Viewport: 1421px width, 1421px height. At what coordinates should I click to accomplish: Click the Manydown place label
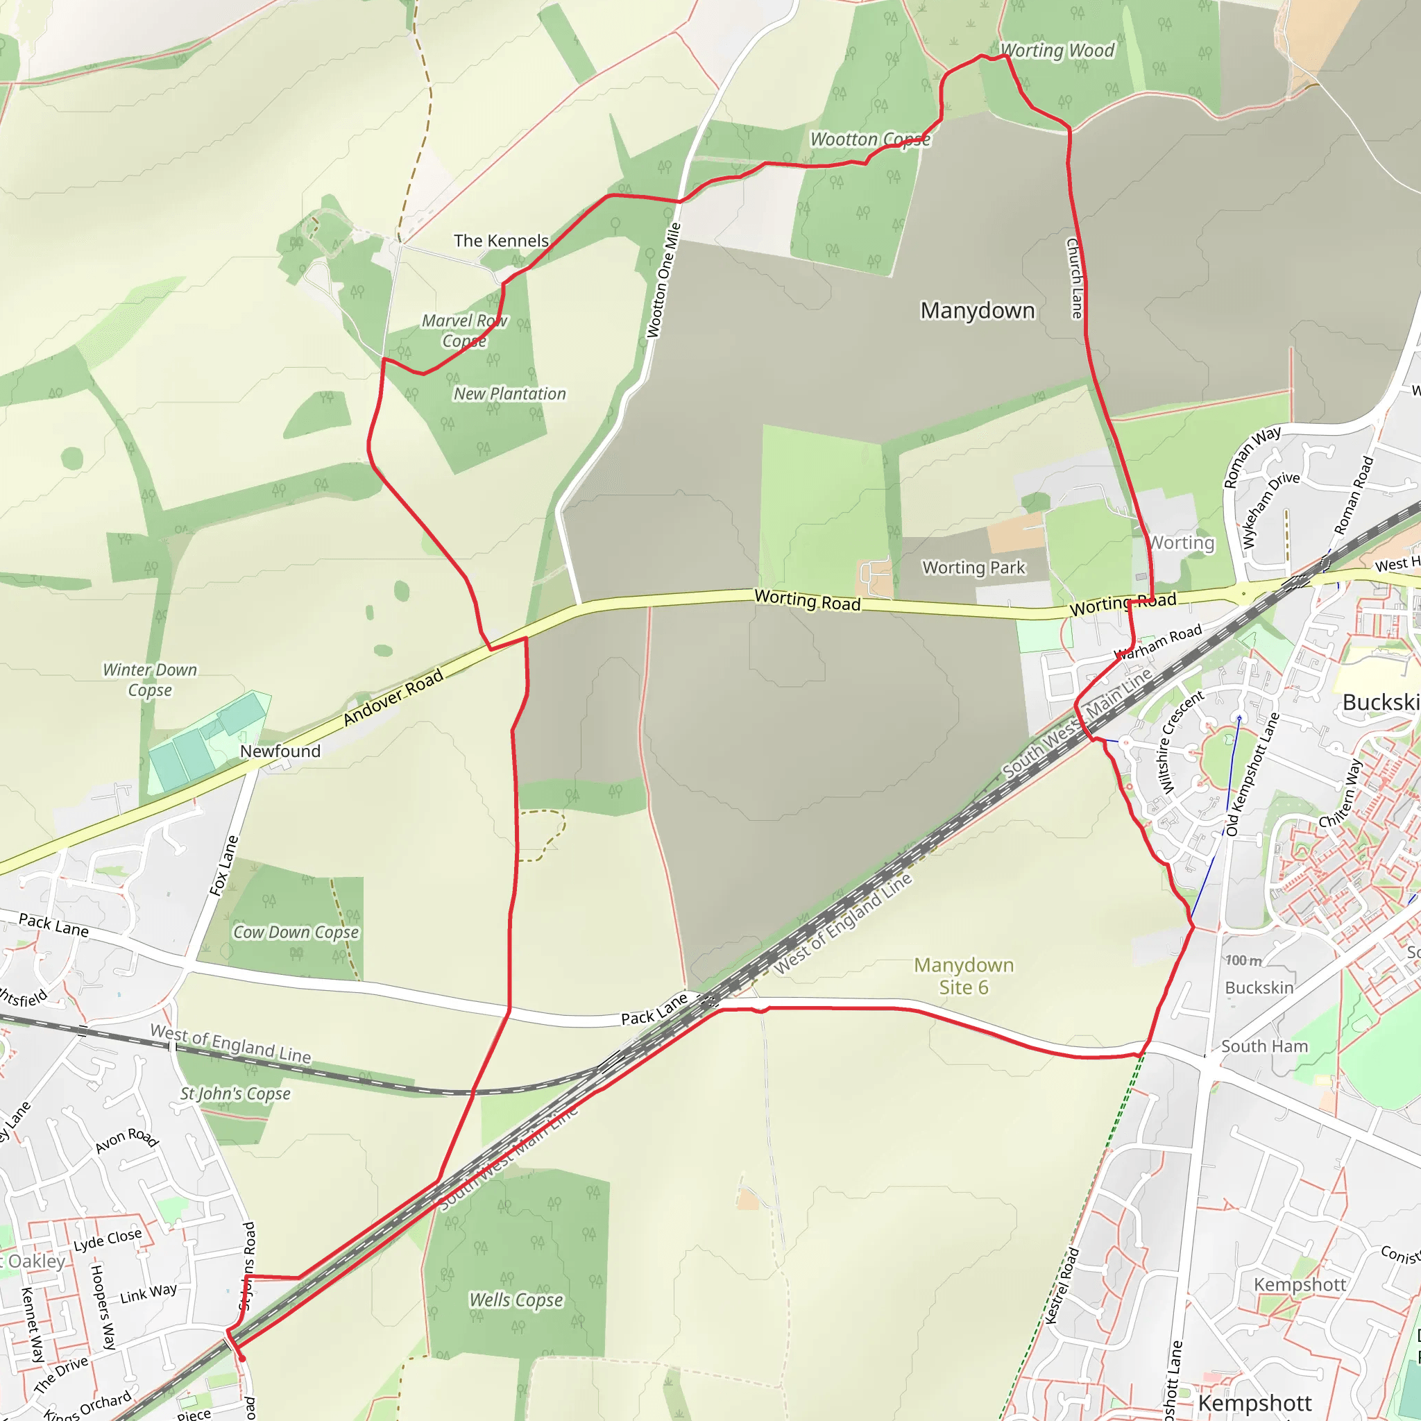tap(977, 311)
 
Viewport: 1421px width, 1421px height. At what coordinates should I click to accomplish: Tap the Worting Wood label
tap(1057, 51)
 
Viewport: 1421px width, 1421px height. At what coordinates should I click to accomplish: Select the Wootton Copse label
tap(869, 139)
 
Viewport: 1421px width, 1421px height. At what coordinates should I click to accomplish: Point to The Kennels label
tap(501, 241)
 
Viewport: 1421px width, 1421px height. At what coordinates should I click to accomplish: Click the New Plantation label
tap(510, 394)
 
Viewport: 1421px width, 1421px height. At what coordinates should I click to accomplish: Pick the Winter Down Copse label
tap(150, 679)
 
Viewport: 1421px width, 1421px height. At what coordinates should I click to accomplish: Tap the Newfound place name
tap(280, 751)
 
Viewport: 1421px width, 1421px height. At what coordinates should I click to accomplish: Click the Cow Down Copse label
tap(296, 933)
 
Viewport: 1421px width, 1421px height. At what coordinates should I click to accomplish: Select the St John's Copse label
tap(235, 1094)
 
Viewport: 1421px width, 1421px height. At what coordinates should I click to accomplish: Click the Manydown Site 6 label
tap(964, 976)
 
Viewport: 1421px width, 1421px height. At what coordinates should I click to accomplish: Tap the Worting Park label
tap(973, 568)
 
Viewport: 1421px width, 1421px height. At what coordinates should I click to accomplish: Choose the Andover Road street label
tap(393, 697)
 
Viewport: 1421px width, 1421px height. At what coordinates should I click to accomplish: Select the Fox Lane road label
tap(224, 866)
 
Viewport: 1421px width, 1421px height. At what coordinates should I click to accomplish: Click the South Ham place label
tap(1264, 1046)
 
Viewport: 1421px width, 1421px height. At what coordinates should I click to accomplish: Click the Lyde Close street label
tap(108, 1239)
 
